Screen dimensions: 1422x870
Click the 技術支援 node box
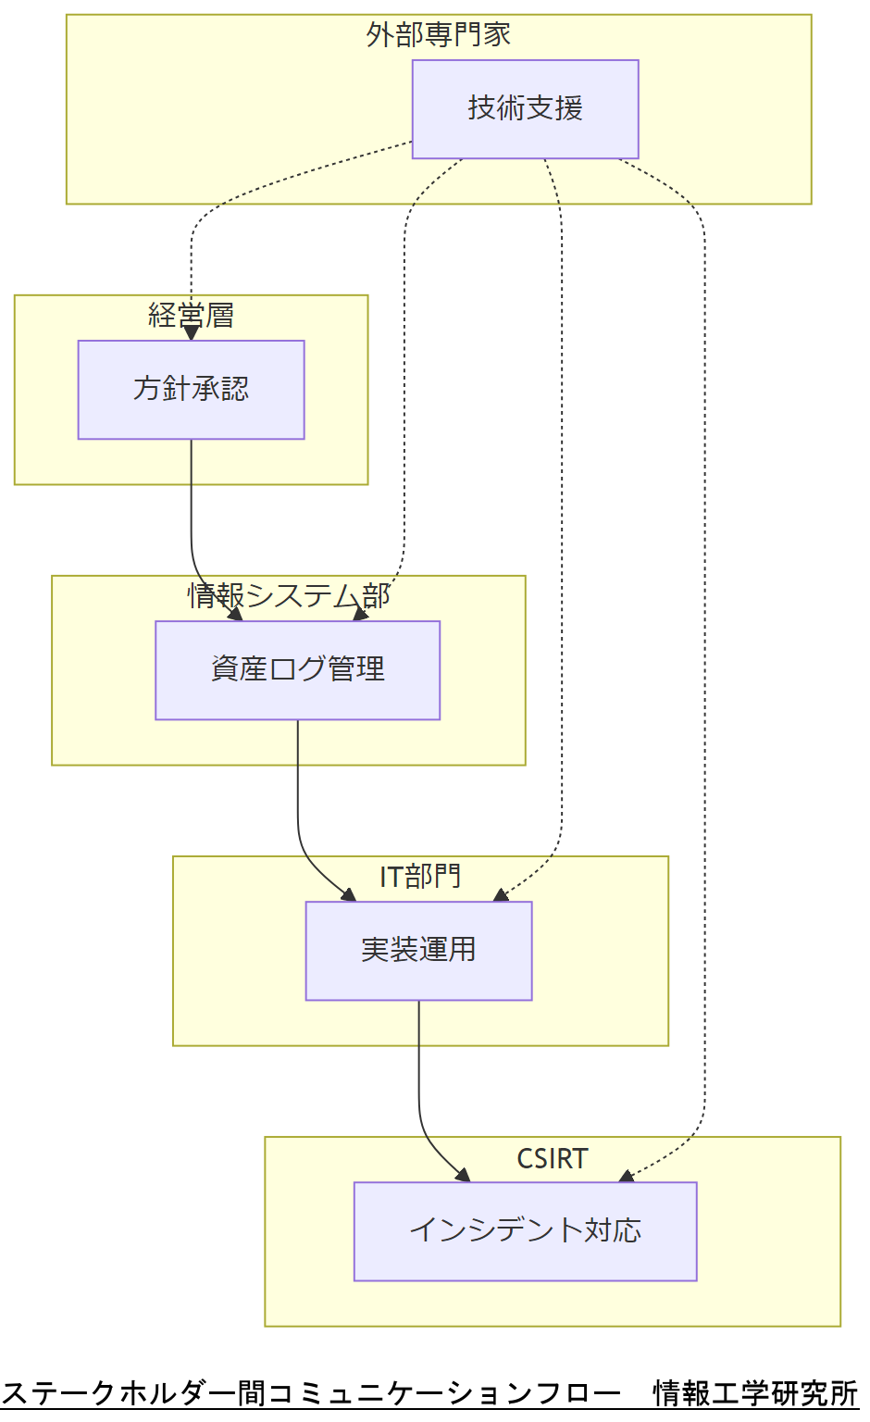(x=525, y=109)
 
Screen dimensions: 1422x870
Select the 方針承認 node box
(x=191, y=390)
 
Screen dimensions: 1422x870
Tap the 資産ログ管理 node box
(x=297, y=669)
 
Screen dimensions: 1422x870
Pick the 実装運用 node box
(x=418, y=951)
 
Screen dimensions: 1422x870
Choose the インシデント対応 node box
(x=525, y=1231)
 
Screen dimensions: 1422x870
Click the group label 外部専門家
(x=439, y=35)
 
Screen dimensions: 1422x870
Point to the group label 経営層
(x=191, y=316)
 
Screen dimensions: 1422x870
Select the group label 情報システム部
(x=289, y=595)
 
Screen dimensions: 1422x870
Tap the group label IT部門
(x=420, y=876)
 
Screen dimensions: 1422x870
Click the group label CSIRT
(x=553, y=1158)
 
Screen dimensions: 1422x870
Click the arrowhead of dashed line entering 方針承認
(x=192, y=333)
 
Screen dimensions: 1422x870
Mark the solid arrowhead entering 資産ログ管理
(x=235, y=614)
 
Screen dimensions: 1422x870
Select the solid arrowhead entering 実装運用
(x=349, y=894)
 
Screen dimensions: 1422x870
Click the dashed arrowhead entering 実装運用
(x=501, y=894)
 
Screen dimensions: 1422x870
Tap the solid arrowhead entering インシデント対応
(x=463, y=1175)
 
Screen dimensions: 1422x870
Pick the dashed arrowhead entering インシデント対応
(x=627, y=1176)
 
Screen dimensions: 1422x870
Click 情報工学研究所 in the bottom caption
(x=755, y=1392)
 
